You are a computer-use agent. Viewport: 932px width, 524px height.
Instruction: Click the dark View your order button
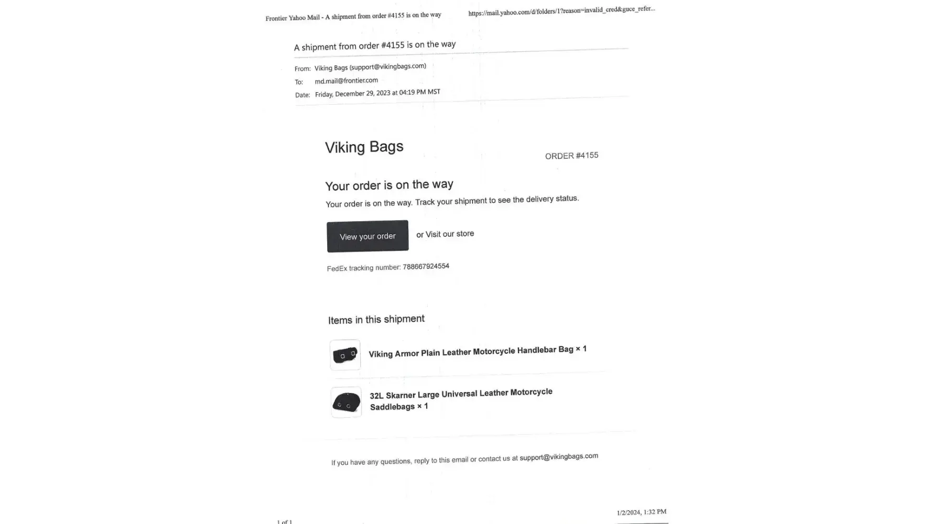point(367,236)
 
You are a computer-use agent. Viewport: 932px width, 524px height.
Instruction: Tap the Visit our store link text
point(449,234)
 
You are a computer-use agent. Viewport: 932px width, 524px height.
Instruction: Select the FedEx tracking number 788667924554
point(426,266)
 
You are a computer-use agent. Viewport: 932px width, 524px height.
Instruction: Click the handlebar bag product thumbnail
point(345,355)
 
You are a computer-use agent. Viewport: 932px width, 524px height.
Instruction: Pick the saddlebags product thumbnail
point(346,402)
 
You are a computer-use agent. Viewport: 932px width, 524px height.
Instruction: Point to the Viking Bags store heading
point(364,147)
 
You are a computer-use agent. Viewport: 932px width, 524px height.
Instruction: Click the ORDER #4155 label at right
point(571,156)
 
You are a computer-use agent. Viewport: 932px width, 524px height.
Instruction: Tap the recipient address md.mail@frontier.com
point(346,81)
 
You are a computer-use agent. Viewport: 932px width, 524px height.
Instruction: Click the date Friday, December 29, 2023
point(352,94)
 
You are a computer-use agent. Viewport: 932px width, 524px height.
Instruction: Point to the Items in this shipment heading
point(376,319)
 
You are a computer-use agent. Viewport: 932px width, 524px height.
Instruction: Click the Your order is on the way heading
point(389,185)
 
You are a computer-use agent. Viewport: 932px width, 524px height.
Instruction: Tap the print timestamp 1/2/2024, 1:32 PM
point(641,512)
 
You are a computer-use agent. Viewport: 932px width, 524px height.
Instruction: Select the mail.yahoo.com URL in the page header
point(561,10)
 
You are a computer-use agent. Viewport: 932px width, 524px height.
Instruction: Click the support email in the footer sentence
point(558,456)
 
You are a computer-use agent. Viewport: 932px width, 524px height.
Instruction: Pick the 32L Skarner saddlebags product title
point(460,399)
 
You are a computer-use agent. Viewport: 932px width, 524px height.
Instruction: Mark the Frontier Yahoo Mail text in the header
point(292,18)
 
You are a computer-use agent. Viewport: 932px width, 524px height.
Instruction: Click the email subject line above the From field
point(374,46)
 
